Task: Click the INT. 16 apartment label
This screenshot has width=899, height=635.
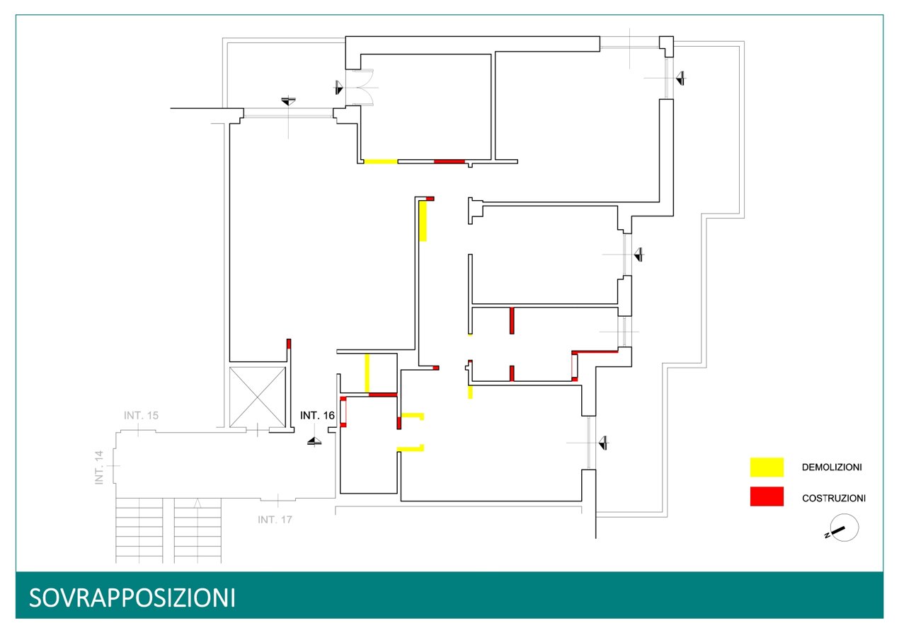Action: point(317,416)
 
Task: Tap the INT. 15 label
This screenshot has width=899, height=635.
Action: point(141,415)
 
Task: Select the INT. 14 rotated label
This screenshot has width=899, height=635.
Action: point(99,467)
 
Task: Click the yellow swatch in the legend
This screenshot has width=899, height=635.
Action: point(767,467)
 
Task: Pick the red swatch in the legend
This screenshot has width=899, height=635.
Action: point(767,496)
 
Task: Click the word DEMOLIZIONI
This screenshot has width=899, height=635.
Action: point(832,467)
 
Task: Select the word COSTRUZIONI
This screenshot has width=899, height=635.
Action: point(833,498)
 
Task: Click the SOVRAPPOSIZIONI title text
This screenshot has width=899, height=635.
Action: point(132,598)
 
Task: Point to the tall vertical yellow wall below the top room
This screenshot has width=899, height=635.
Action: point(423,221)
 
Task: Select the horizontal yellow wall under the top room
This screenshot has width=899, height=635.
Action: point(380,161)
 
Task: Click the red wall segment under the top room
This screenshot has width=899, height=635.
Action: point(449,161)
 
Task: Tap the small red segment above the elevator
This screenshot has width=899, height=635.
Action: point(289,344)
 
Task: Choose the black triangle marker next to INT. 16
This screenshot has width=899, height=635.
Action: point(314,441)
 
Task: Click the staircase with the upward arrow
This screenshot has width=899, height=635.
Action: point(197,530)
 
